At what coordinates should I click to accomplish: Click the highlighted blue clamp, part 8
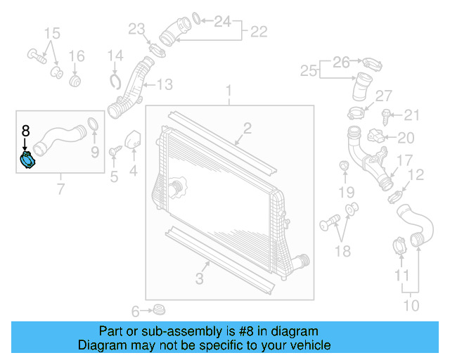(x=29, y=160)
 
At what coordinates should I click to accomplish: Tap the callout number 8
(x=25, y=130)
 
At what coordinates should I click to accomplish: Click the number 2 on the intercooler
(x=247, y=127)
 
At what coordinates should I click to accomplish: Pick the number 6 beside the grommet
(x=136, y=311)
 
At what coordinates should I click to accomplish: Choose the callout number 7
(x=60, y=188)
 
